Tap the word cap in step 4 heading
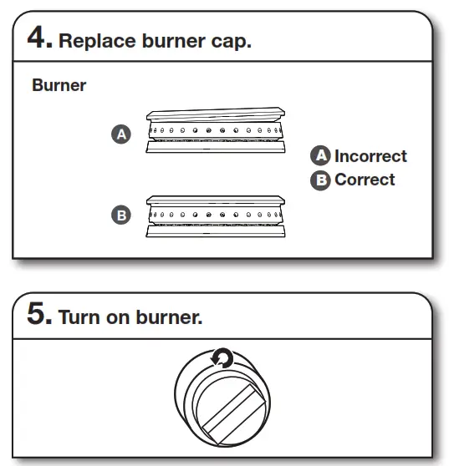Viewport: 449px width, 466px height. tap(229, 42)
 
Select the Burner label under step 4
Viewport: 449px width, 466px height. tap(59, 85)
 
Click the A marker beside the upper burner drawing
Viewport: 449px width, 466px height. tap(122, 134)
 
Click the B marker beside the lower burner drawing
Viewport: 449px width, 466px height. tap(122, 215)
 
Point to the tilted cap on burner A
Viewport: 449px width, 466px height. tap(216, 114)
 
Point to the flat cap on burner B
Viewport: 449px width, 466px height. tap(216, 200)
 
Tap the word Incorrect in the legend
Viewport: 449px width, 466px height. tap(370, 156)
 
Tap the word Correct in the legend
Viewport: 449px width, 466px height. tap(365, 180)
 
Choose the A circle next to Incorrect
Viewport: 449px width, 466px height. tap(320, 156)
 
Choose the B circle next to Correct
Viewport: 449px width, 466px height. tap(320, 180)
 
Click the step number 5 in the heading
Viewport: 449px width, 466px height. tap(38, 317)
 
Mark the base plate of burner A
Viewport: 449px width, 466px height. tap(216, 146)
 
